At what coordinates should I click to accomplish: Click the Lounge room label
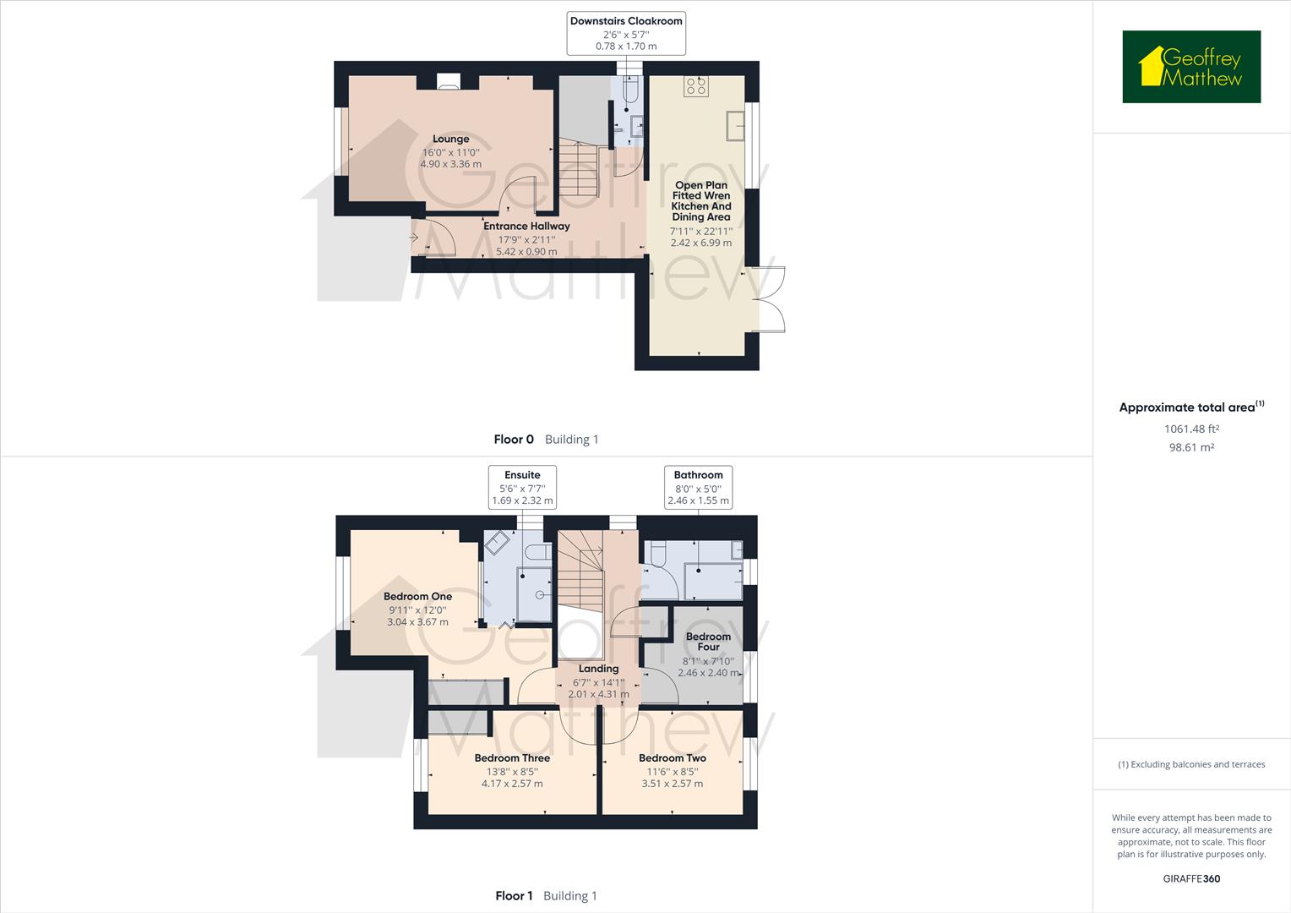[450, 139]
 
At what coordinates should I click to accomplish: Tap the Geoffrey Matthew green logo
[1190, 67]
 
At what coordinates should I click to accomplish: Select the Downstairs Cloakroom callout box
[625, 33]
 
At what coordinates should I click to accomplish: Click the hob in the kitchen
[696, 85]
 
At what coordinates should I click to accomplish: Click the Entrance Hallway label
[526, 227]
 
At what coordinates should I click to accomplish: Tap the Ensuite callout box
[522, 487]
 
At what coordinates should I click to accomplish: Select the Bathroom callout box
[698, 487]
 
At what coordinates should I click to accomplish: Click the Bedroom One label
[417, 597]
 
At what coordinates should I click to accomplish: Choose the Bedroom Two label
[672, 758]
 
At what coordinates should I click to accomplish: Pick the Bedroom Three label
[512, 758]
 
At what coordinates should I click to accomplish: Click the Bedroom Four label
[708, 642]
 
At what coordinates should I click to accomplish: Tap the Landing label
[598, 669]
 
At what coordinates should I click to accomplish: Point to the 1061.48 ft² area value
[1191, 429]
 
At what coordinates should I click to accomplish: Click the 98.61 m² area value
[1191, 448]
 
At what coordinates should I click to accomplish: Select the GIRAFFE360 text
[1191, 878]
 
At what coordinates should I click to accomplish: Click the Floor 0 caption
[514, 440]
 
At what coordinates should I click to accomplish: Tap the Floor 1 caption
[514, 896]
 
